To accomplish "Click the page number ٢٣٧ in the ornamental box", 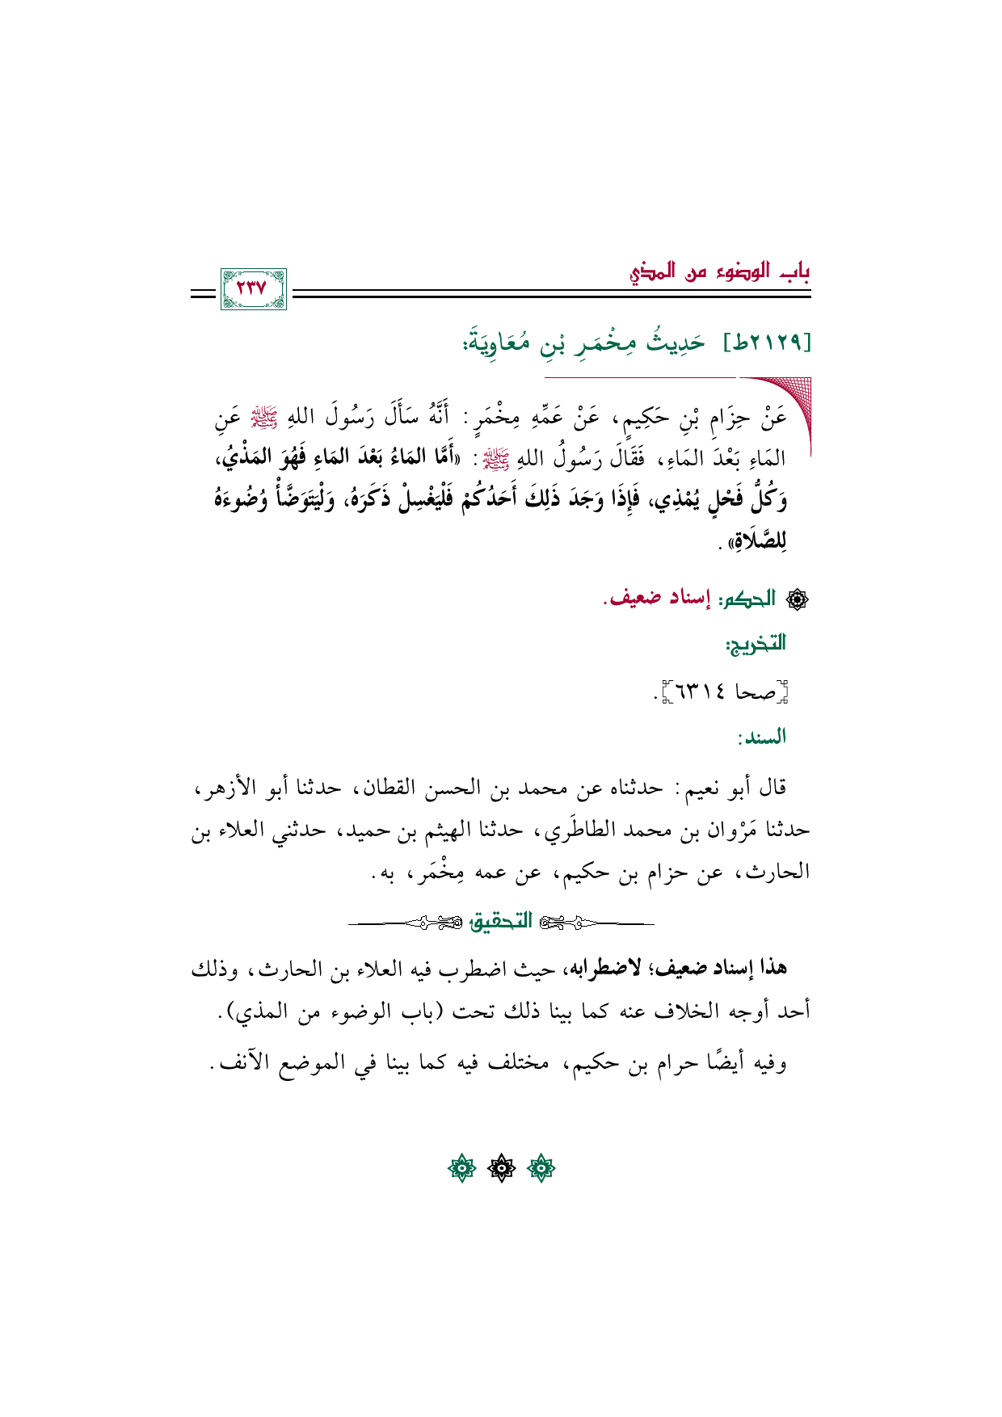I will (x=252, y=288).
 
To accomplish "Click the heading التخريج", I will (x=756, y=645).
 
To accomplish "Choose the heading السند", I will (x=761, y=738).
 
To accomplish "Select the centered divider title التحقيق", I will (x=502, y=922).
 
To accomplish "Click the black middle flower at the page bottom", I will (x=501, y=1168).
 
